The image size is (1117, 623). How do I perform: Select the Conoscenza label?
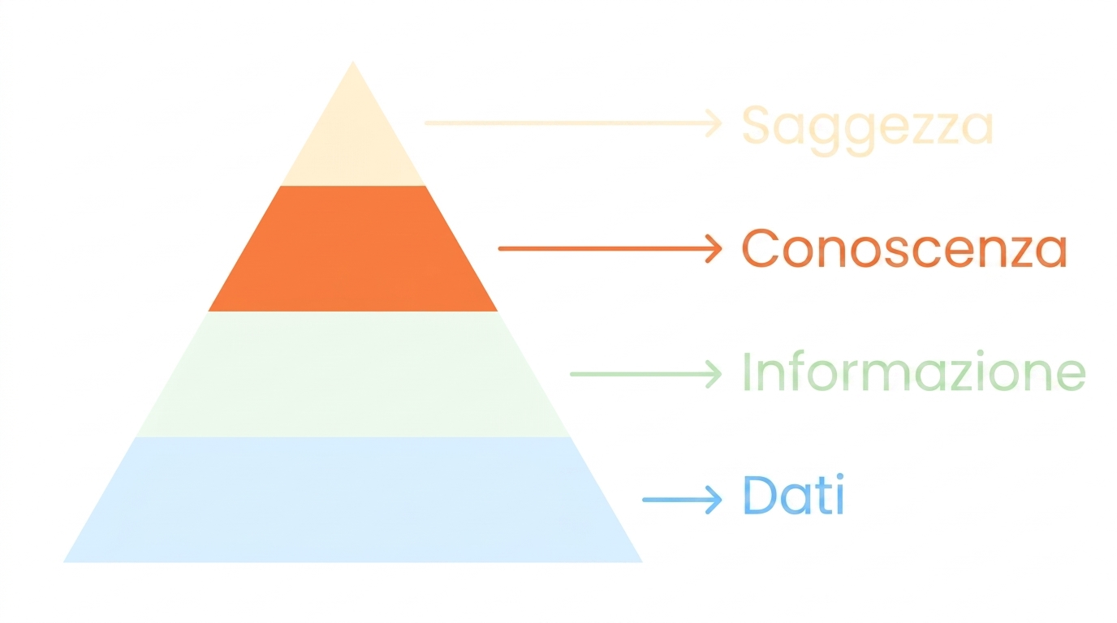tap(904, 247)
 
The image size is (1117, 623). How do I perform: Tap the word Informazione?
tap(914, 372)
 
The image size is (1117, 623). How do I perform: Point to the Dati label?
tap(793, 494)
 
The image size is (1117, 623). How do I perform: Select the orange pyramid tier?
tap(353, 249)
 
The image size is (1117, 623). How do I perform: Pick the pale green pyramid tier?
tap(353, 374)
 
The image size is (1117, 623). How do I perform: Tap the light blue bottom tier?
tap(353, 500)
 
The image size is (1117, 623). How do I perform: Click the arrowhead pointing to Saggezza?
tap(714, 122)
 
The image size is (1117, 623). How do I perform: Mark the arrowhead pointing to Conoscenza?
tap(714, 248)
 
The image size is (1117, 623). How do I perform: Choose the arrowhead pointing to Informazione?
tap(714, 374)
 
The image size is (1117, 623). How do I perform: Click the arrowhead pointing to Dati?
tap(714, 500)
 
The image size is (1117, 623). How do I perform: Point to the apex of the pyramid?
tap(353, 62)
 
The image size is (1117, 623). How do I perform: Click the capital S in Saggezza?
tap(758, 124)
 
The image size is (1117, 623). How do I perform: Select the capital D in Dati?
tap(760, 494)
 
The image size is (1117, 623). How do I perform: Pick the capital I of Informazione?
tap(747, 372)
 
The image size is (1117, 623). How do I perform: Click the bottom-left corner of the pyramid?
tap(63, 562)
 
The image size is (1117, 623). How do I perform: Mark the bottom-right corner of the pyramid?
tap(642, 562)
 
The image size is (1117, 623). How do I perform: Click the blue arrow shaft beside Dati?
tap(679, 500)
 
